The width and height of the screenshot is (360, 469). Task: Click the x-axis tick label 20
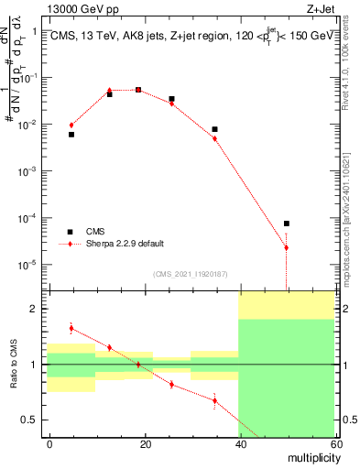point(145,443)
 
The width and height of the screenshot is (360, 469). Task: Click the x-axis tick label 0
point(50,443)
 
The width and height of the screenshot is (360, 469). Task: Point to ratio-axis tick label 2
point(38,309)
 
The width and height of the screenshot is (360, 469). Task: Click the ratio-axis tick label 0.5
point(33,420)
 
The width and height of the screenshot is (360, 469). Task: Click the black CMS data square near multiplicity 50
point(286,224)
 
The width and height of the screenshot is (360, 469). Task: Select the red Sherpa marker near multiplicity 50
point(286,247)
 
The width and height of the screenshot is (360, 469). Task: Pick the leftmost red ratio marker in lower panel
point(71,328)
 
